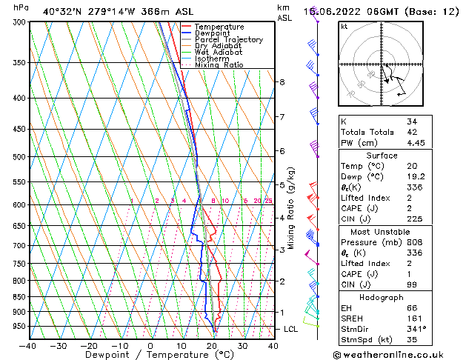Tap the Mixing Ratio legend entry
tap(219, 64)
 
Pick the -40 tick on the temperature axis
tap(27, 345)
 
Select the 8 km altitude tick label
tap(282, 81)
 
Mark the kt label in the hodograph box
tap(344, 27)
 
